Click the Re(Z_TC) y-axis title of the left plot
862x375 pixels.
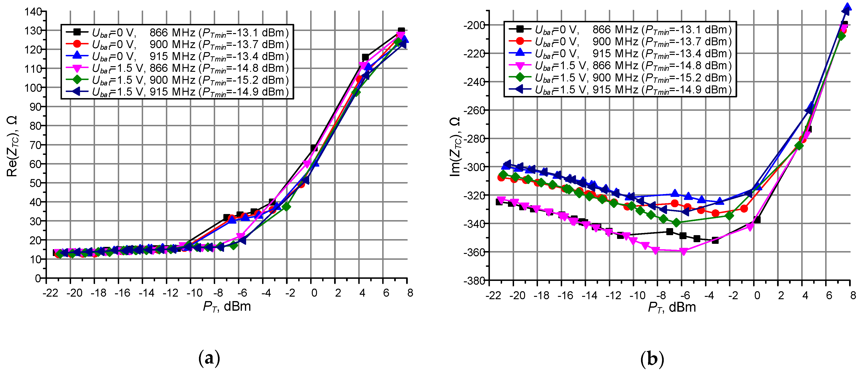coord(12,146)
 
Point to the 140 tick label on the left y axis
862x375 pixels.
coord(33,12)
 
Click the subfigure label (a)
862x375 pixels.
coord(210,359)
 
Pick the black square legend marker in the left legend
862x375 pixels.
coord(77,32)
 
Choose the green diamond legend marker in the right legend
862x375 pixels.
coord(520,77)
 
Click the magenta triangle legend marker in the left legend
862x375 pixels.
coord(77,68)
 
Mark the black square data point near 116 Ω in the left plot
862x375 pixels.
coord(365,57)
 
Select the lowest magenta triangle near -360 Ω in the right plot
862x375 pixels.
coord(684,251)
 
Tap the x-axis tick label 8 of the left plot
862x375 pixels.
coord(410,293)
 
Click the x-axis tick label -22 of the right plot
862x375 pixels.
coord(494,295)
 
